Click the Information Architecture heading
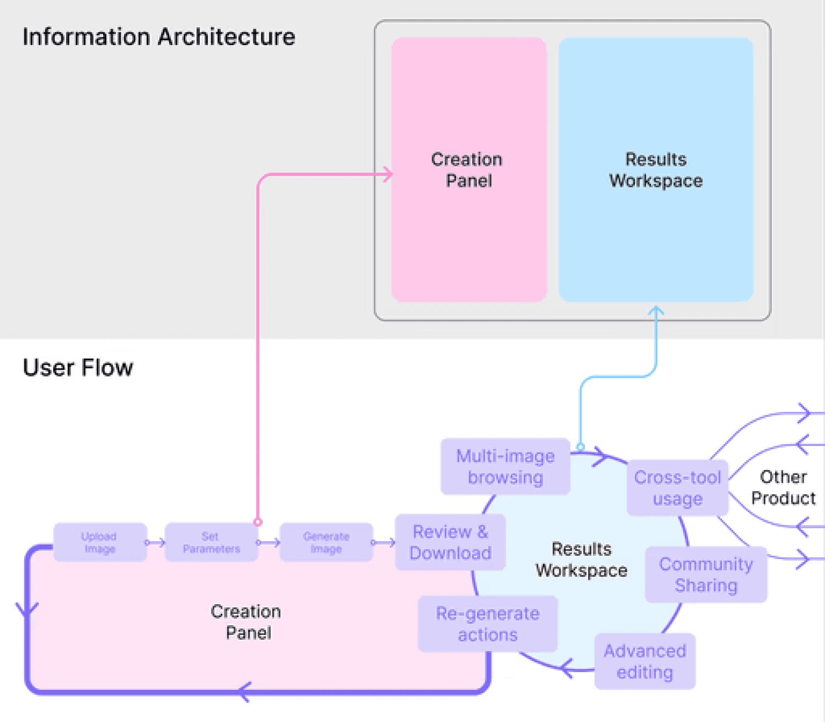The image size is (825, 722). (159, 37)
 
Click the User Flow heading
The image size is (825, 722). (78, 367)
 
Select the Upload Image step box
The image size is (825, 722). (100, 542)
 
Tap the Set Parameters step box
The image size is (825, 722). (211, 542)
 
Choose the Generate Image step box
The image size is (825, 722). (326, 542)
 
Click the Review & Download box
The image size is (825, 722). (450, 542)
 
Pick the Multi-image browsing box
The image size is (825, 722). (505, 467)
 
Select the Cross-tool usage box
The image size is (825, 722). (677, 488)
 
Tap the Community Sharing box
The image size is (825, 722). (706, 575)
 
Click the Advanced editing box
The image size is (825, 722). (645, 661)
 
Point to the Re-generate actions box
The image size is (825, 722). (488, 624)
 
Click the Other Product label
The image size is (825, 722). (783, 487)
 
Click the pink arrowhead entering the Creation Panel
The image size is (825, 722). (388, 174)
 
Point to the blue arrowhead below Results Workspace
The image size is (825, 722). (656, 310)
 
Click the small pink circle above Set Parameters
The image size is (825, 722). (258, 522)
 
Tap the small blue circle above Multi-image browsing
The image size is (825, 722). (581, 447)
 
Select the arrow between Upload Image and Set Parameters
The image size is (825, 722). (155, 542)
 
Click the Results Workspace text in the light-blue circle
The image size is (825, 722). (581, 560)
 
